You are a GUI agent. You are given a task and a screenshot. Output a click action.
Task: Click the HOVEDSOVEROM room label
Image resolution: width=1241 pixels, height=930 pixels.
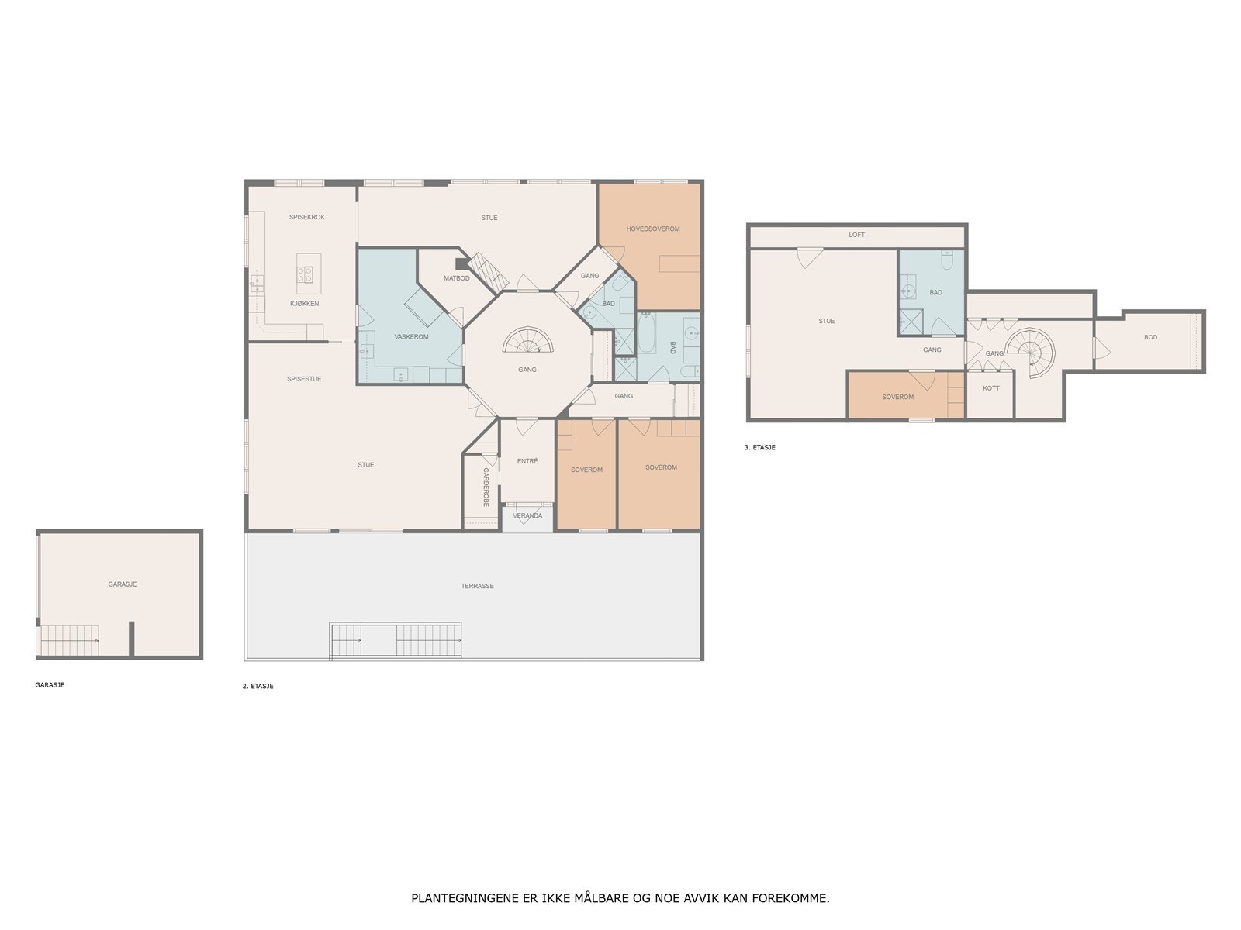tap(653, 229)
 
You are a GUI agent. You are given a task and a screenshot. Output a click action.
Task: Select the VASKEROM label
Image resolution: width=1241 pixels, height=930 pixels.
tap(411, 336)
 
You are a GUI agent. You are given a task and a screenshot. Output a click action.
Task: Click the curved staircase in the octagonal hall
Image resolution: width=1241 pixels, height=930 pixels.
tap(527, 341)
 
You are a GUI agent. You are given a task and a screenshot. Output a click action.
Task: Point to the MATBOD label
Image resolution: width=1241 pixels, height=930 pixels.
tap(456, 278)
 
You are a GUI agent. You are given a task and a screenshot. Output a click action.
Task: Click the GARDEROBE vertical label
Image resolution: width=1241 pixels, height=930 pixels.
tap(486, 487)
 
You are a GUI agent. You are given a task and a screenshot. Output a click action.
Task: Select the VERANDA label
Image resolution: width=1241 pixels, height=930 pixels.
tap(527, 515)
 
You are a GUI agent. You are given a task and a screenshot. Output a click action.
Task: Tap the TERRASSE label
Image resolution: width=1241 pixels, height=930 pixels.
tap(477, 586)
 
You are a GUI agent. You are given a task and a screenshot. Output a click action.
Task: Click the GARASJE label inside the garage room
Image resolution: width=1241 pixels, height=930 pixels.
tap(123, 584)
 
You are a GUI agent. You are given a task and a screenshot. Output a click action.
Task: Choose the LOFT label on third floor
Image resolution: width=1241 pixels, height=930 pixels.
tap(856, 235)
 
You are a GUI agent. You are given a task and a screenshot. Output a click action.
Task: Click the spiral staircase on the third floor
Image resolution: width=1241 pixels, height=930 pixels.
tap(1034, 351)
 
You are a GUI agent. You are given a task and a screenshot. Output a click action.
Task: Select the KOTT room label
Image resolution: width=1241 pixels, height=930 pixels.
tap(990, 387)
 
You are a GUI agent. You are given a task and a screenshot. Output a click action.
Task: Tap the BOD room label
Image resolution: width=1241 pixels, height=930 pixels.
tap(1150, 337)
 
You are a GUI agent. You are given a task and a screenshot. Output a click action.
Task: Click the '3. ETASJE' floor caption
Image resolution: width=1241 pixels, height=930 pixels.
tap(759, 447)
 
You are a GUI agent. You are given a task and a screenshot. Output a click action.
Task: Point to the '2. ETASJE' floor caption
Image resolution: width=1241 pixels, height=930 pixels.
tap(258, 686)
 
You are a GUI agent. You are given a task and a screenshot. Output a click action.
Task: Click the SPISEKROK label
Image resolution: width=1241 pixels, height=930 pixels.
tap(307, 217)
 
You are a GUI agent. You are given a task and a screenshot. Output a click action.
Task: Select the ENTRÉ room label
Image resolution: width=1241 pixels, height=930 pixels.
tap(527, 461)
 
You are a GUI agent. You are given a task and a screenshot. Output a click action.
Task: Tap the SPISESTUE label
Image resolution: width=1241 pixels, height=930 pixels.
tap(304, 379)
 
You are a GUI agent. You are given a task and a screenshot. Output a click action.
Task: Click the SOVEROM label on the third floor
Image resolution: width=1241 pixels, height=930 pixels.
tap(897, 397)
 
